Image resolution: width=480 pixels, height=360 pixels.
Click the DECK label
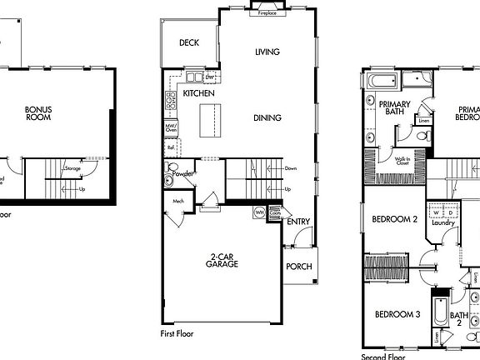point(188,42)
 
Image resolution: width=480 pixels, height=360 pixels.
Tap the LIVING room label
point(267,52)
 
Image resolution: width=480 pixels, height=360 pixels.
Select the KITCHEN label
point(199,93)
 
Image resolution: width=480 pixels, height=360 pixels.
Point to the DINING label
point(267,117)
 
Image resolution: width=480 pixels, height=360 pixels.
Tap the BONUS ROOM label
point(38,113)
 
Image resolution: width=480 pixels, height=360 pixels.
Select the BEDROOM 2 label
point(395,220)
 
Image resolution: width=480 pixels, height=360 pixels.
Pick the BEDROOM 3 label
point(397,314)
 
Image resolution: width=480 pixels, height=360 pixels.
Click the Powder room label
point(183,174)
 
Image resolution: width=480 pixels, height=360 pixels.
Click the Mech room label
point(177,201)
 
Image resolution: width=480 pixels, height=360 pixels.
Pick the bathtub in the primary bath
point(382,82)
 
